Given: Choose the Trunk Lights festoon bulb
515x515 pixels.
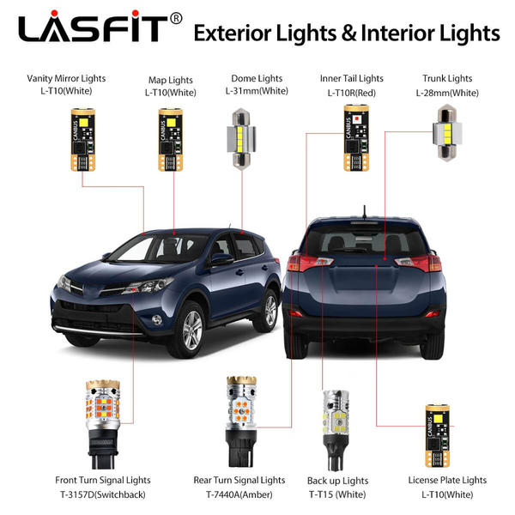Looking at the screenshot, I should click(x=449, y=131).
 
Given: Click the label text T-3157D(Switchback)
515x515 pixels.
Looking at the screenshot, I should click(x=102, y=495).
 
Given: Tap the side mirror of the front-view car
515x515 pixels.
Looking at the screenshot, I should click(x=221, y=258).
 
